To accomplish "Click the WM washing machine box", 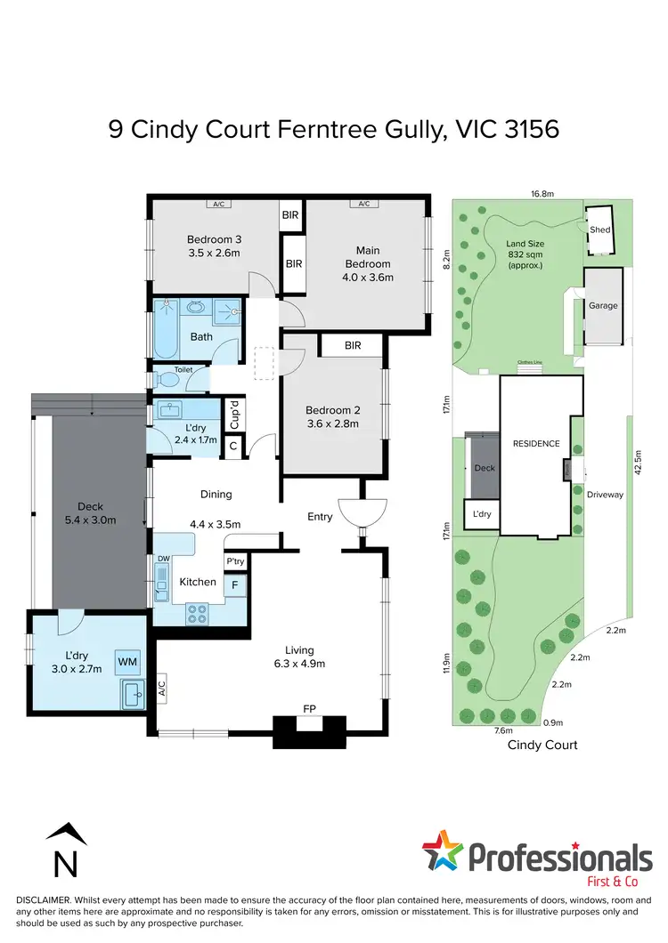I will (126, 661).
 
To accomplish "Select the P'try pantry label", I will (235, 562).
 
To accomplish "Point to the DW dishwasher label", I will (163, 559).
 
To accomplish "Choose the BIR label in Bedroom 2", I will (352, 345).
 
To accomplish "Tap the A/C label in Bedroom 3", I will (217, 204).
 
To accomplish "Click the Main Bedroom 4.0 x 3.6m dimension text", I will (369, 278).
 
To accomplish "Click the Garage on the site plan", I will (602, 305).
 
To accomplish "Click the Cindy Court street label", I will (542, 745).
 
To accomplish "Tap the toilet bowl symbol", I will (165, 380).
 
